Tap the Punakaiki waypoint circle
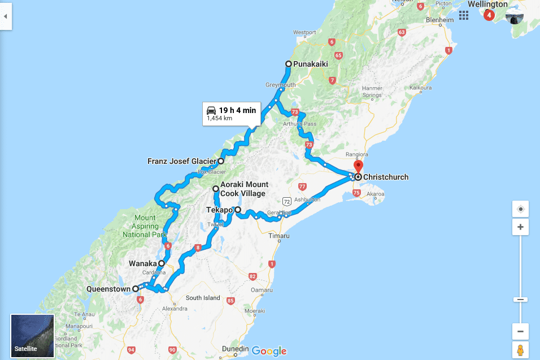pyautogui.click(x=289, y=64)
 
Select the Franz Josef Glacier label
pyautogui.click(x=181, y=161)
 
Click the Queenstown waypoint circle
pyautogui.click(x=136, y=289)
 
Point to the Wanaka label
pyautogui.click(x=142, y=263)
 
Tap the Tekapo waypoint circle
pyautogui.click(x=238, y=210)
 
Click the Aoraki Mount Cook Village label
pyautogui.click(x=244, y=189)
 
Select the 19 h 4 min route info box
pyautogui.click(x=232, y=114)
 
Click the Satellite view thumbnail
pyautogui.click(x=32, y=336)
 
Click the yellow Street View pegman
pyautogui.click(x=520, y=350)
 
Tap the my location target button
pyautogui.click(x=520, y=209)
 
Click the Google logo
pyautogui.click(x=269, y=351)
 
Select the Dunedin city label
pyautogui.click(x=236, y=348)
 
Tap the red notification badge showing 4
pyautogui.click(x=489, y=15)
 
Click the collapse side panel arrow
pyautogui.click(x=6, y=16)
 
